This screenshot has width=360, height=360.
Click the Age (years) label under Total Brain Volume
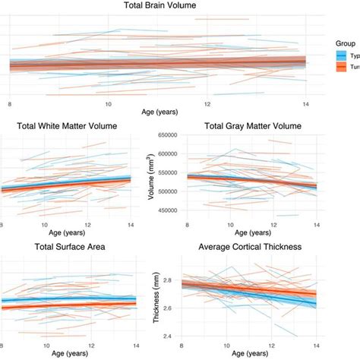[159, 112]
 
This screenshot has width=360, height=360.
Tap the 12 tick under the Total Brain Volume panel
[207, 103]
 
